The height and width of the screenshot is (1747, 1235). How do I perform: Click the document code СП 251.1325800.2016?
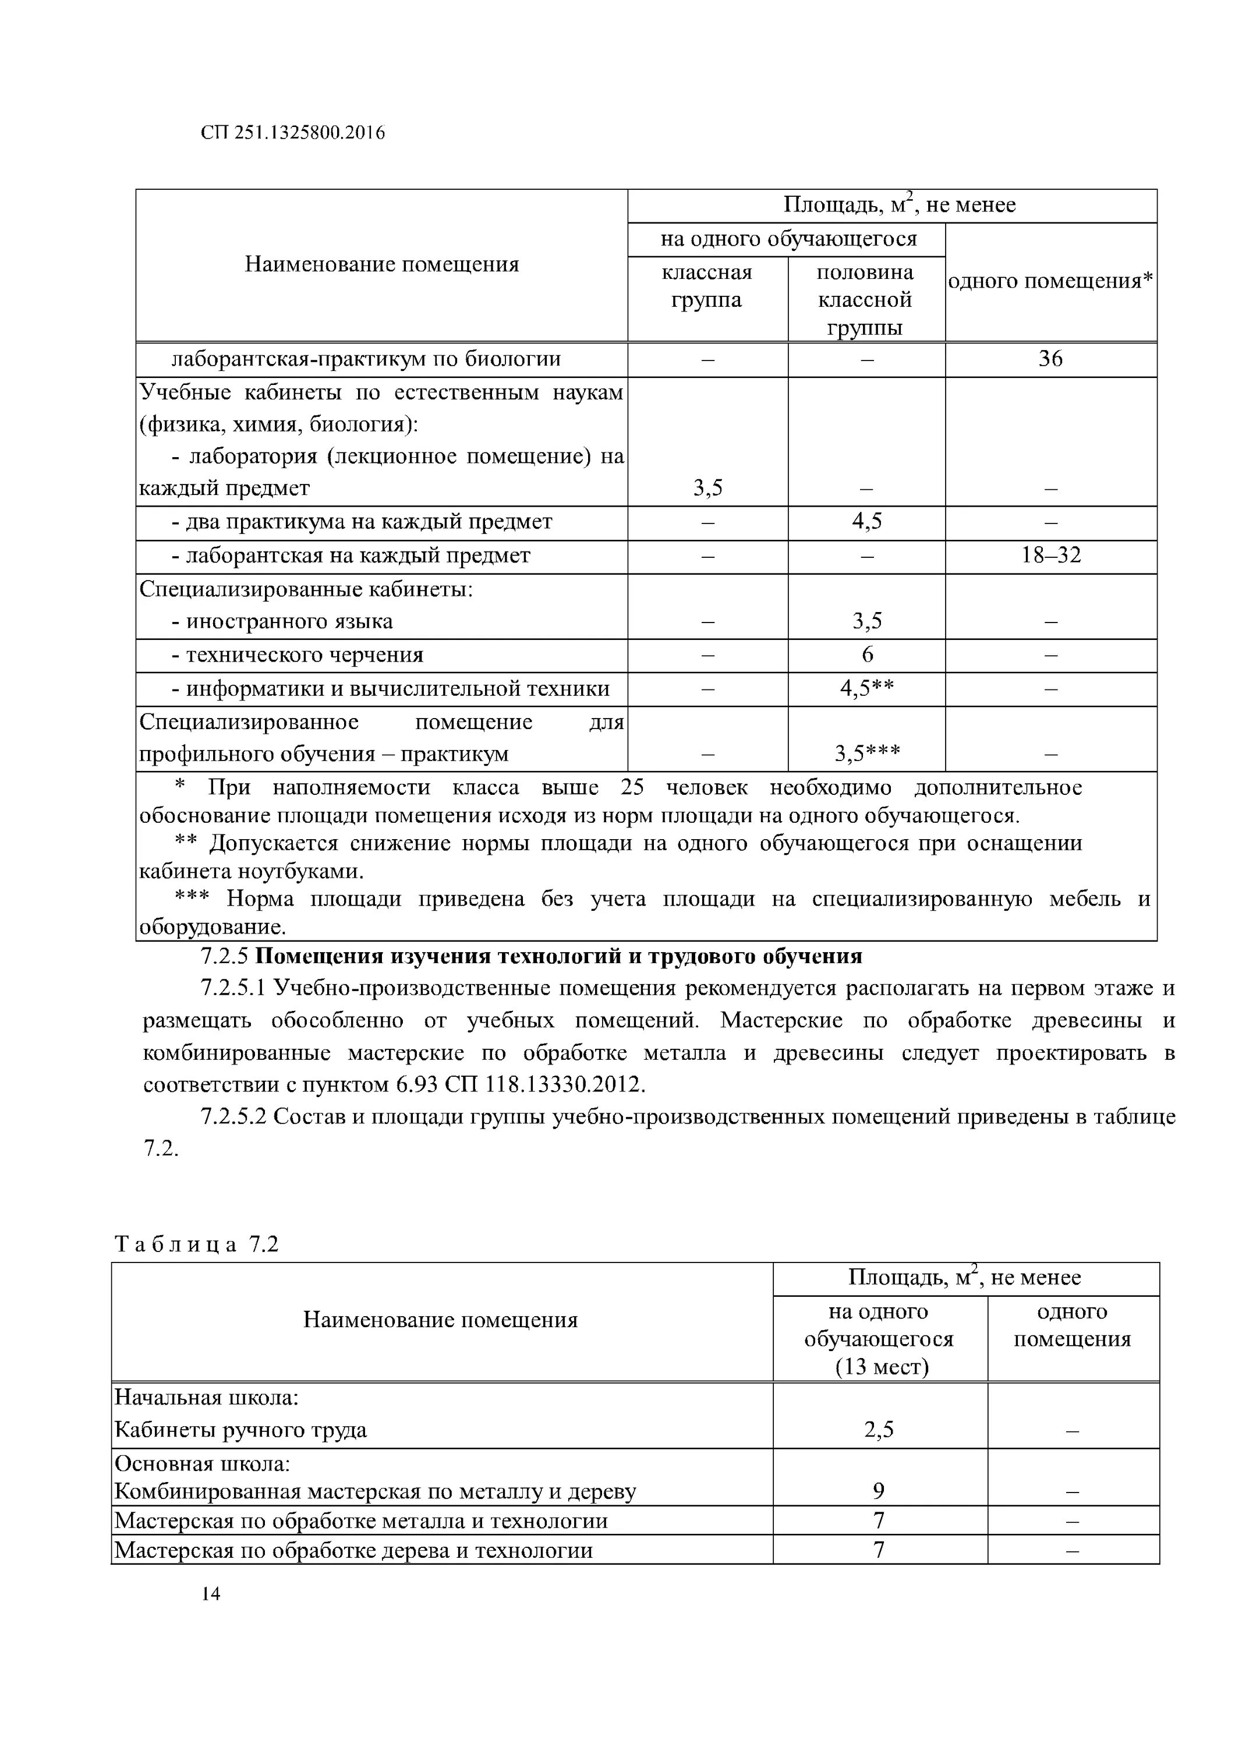pos(293,133)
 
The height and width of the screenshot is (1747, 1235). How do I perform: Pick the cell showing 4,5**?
pos(866,688)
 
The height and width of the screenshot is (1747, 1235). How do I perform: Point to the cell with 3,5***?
pos(866,754)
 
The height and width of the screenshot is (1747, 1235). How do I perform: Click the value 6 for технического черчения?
pos(866,655)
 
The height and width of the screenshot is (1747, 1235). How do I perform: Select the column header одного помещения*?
pos(1050,281)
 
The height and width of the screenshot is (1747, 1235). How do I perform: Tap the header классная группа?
pos(706,286)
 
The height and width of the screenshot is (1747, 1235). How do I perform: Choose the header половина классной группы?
pos(865,300)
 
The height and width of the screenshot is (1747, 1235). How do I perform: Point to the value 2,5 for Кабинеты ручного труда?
pos(879,1430)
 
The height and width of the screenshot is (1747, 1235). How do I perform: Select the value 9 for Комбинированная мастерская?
pos(879,1491)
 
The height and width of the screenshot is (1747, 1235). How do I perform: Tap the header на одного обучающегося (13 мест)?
pos(879,1339)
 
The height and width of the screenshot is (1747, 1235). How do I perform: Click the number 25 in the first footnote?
pos(632,787)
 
